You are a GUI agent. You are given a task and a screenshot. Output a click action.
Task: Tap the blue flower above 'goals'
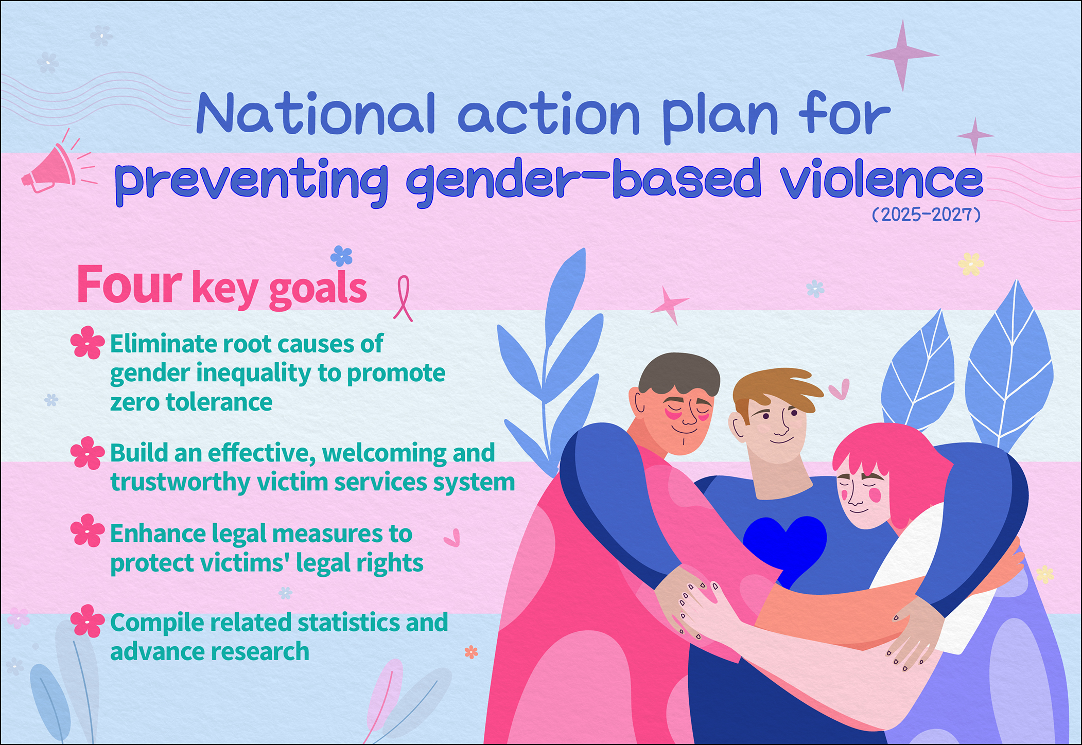[341, 256]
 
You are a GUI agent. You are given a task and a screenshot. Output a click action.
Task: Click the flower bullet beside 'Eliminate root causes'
[87, 343]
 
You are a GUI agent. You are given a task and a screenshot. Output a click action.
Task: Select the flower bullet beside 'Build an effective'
[87, 453]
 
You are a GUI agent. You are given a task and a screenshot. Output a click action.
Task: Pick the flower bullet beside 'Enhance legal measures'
[87, 530]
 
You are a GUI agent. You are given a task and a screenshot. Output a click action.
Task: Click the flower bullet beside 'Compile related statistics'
[87, 621]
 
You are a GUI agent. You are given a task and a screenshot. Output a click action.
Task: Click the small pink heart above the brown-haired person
[839, 389]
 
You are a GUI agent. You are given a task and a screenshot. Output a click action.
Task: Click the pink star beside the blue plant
[669, 305]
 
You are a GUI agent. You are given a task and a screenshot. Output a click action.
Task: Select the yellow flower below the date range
[971, 264]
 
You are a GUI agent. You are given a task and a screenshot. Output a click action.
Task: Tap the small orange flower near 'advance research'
[471, 652]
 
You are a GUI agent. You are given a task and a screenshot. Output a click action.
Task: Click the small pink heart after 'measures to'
[452, 538]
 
